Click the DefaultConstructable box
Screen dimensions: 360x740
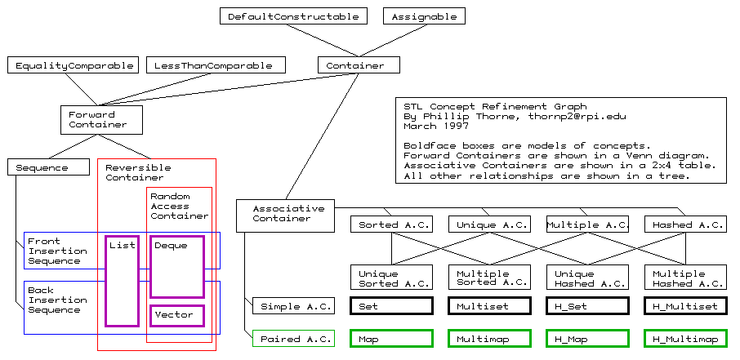coord(294,16)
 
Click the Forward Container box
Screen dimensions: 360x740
coord(102,119)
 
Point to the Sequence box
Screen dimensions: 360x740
coord(49,167)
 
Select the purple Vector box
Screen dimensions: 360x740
coord(176,315)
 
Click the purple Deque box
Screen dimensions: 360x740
coord(176,266)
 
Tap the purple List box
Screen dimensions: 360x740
coord(123,281)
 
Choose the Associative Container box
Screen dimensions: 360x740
coord(286,214)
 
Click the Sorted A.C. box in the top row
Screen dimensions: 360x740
coord(391,224)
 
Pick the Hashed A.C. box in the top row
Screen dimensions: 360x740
coord(684,224)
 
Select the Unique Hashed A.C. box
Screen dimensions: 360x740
coord(587,278)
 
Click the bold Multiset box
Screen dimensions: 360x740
coord(489,306)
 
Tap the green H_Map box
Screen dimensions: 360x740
coord(587,339)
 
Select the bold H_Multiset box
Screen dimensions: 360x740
coord(684,306)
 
